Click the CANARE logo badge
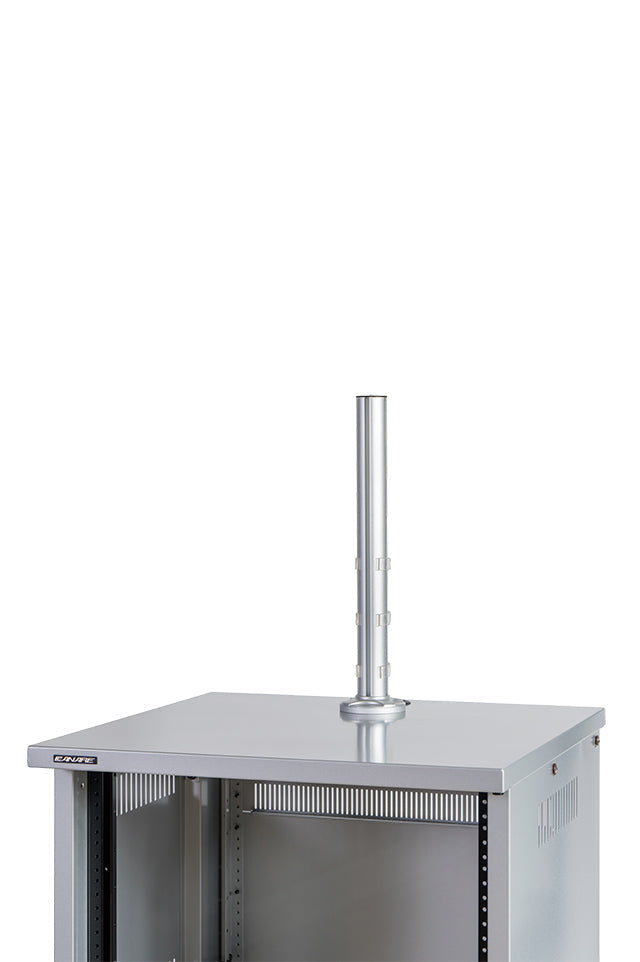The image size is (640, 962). (x=75, y=760)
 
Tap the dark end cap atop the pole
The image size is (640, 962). (x=372, y=398)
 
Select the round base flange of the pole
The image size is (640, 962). (x=373, y=709)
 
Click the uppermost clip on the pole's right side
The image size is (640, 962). (x=383, y=565)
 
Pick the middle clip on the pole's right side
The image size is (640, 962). (x=383, y=618)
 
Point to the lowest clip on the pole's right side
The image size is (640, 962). (x=383, y=667)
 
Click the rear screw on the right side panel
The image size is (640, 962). (x=596, y=741)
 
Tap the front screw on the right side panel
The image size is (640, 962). (x=555, y=769)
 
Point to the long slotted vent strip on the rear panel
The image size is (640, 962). (x=365, y=802)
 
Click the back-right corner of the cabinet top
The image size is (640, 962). (x=602, y=712)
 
